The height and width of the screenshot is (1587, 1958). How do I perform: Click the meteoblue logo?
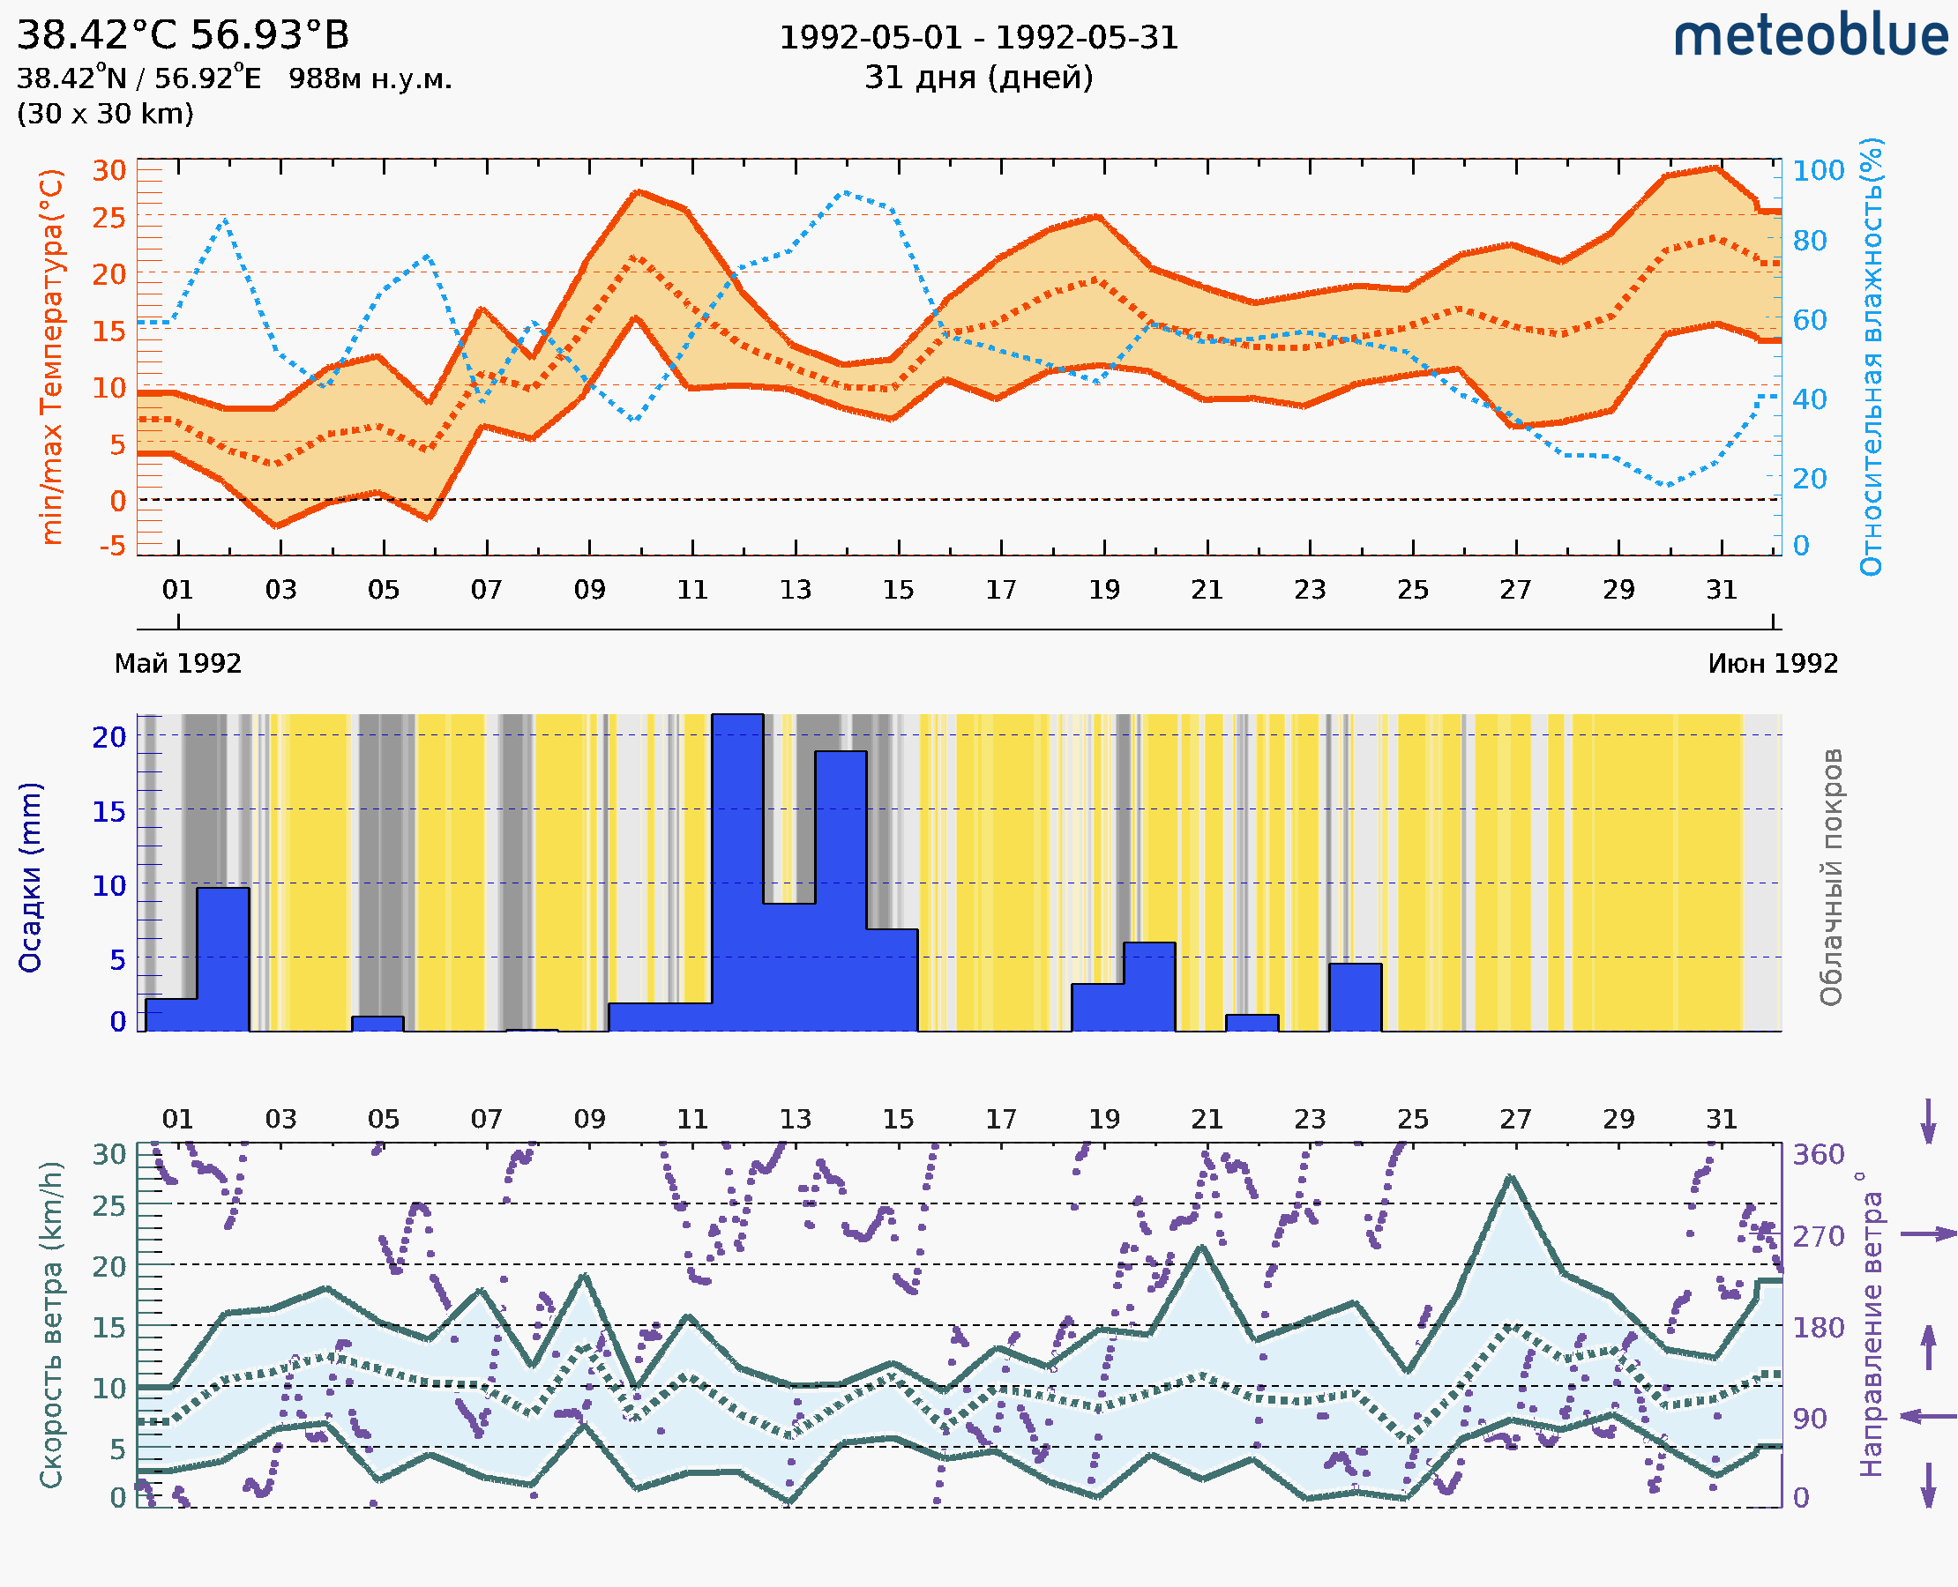1811,36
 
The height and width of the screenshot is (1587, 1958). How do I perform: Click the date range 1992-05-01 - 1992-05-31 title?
978,38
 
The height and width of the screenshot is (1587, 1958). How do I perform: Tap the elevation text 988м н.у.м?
370,79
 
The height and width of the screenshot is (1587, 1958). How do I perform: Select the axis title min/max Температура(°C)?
52,356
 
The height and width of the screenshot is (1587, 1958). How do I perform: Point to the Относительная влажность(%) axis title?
1871,356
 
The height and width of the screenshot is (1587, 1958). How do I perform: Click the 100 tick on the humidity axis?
1817,171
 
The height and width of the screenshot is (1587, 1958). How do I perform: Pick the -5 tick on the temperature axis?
113,547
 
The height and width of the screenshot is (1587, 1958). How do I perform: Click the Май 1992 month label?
177,664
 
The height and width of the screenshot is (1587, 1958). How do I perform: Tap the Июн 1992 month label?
1773,664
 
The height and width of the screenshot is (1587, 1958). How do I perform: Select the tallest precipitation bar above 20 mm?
737,872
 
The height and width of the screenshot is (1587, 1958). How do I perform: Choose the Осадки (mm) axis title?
30,877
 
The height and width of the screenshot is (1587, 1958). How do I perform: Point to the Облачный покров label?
1831,877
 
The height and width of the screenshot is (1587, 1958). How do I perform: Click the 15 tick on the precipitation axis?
108,811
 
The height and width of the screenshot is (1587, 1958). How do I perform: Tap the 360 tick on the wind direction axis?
1818,1155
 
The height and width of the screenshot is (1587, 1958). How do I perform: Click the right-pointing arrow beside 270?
1928,1234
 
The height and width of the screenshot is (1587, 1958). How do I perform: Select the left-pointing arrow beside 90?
1928,1417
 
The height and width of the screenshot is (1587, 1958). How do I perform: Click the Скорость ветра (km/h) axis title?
52,1325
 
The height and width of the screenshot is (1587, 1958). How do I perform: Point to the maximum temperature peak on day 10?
639,191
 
